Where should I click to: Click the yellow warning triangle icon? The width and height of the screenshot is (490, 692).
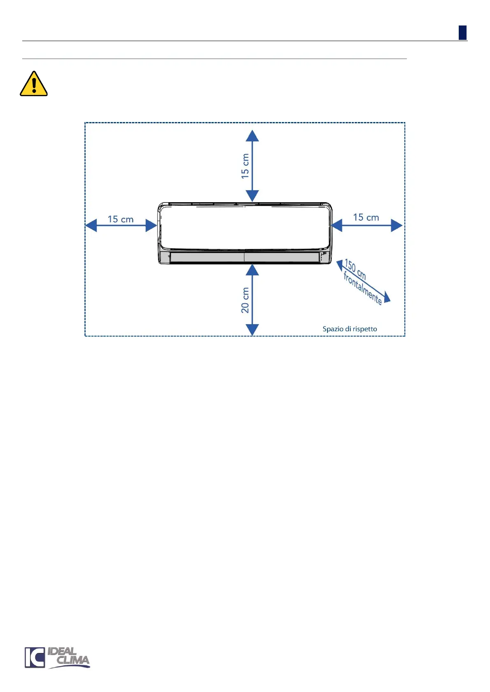[x=34, y=84]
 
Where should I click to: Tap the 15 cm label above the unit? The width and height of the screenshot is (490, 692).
[x=245, y=166]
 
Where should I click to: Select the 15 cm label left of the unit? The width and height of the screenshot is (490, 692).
[x=121, y=219]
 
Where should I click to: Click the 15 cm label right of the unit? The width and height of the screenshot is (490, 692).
[x=366, y=217]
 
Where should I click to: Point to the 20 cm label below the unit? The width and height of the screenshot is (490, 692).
[x=245, y=300]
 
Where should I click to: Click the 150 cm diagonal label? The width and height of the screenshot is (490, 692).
[x=355, y=269]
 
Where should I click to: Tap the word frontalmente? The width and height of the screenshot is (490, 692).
[x=362, y=289]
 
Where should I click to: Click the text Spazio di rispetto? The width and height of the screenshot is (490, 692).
[x=350, y=329]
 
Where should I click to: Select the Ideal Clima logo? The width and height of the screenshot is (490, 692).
[x=57, y=657]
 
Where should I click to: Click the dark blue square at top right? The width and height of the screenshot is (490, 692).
[x=462, y=33]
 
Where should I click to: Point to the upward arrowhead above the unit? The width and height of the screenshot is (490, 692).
[x=252, y=136]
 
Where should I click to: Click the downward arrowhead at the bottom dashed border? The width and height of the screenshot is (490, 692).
[x=252, y=330]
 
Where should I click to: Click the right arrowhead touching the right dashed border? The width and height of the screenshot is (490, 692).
[x=396, y=226]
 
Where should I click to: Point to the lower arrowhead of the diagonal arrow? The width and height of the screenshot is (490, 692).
[x=386, y=298]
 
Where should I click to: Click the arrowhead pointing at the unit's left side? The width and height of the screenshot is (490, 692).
[x=151, y=226]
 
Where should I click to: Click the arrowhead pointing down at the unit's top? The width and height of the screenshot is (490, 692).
[x=252, y=196]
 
